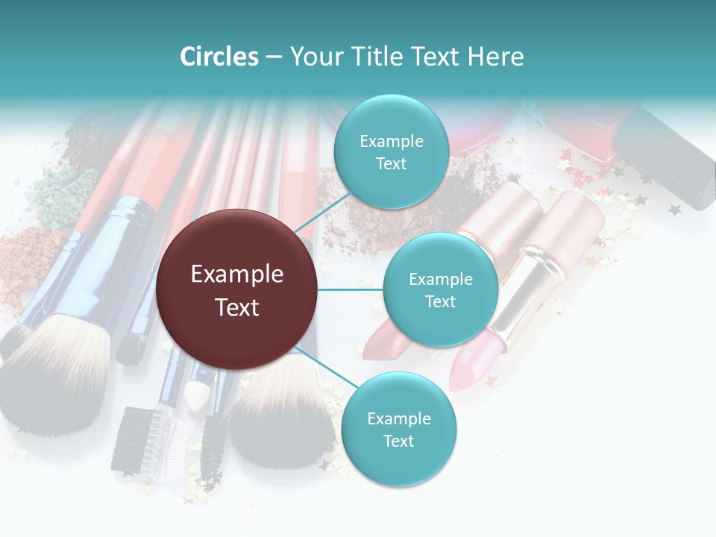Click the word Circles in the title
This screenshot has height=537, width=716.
219,57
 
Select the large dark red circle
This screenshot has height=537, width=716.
236,289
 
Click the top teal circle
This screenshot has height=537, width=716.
391,151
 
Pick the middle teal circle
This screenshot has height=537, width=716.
440,289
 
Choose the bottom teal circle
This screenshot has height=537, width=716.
398,429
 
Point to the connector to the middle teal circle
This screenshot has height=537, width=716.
350,289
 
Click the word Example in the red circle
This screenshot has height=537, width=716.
236,274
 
